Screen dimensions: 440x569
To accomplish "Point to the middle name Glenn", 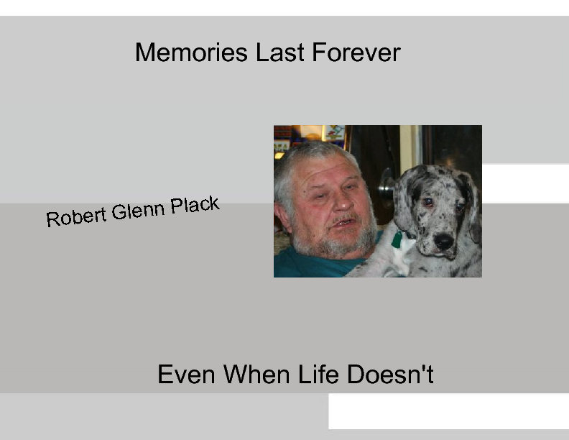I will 137,211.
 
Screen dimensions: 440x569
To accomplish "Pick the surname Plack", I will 195,206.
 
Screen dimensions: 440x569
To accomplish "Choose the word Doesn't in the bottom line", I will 391,375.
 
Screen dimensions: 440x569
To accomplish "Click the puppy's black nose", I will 443,241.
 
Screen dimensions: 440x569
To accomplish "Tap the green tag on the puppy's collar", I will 397,239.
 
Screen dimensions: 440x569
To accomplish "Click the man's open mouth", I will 343,222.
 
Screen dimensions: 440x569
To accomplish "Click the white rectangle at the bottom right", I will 448,411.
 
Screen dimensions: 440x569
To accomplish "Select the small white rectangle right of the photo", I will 524,183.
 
